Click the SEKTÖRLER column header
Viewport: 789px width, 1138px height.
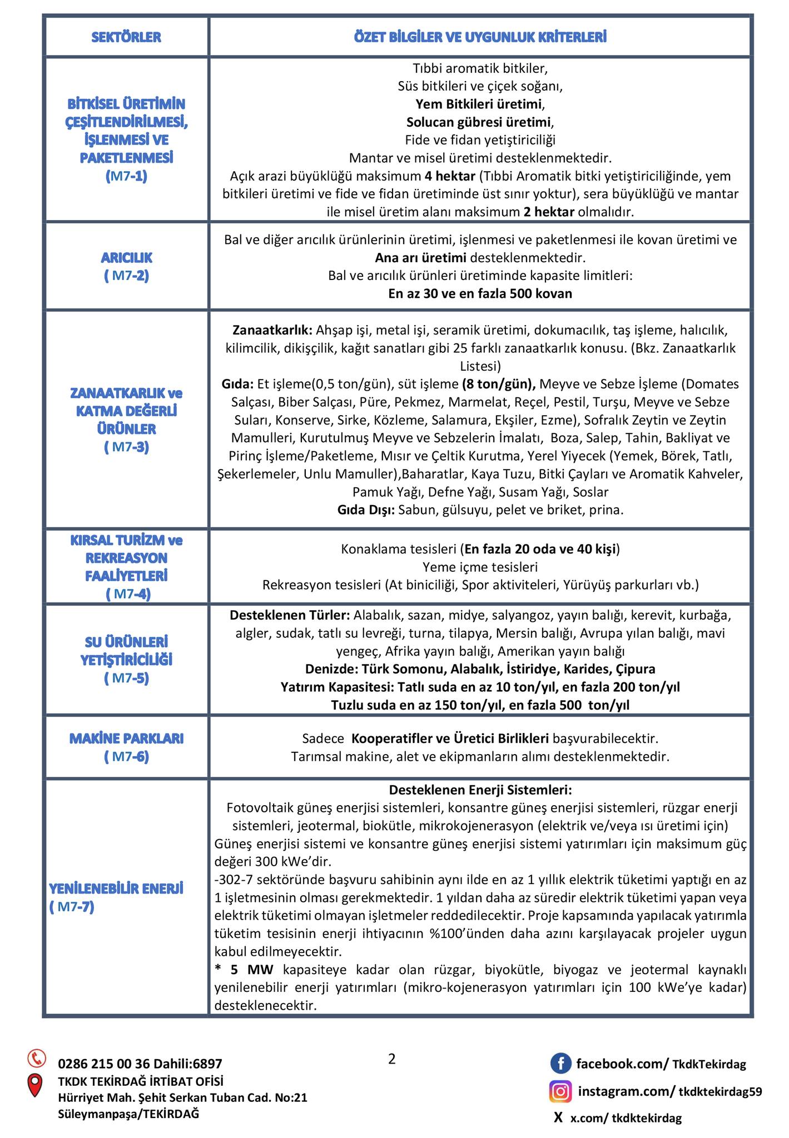[x=126, y=37]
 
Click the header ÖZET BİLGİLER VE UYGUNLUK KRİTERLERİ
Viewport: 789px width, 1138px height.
[x=480, y=37]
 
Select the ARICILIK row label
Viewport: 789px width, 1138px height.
[x=126, y=258]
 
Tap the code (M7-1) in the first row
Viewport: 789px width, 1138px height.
[x=126, y=176]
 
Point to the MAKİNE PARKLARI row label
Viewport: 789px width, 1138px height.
[x=126, y=738]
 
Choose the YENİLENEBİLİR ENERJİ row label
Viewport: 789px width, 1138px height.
[x=116, y=889]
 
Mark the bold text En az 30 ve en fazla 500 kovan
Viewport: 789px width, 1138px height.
[x=480, y=293]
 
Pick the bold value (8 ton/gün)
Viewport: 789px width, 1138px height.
[x=498, y=384]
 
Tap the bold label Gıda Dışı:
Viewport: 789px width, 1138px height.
[x=366, y=510]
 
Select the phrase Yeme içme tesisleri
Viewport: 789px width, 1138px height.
[x=480, y=567]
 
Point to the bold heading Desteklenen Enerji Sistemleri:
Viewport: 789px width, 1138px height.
[x=480, y=790]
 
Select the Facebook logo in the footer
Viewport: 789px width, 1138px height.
[x=560, y=1064]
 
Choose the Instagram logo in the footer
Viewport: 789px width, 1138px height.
[x=560, y=1091]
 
